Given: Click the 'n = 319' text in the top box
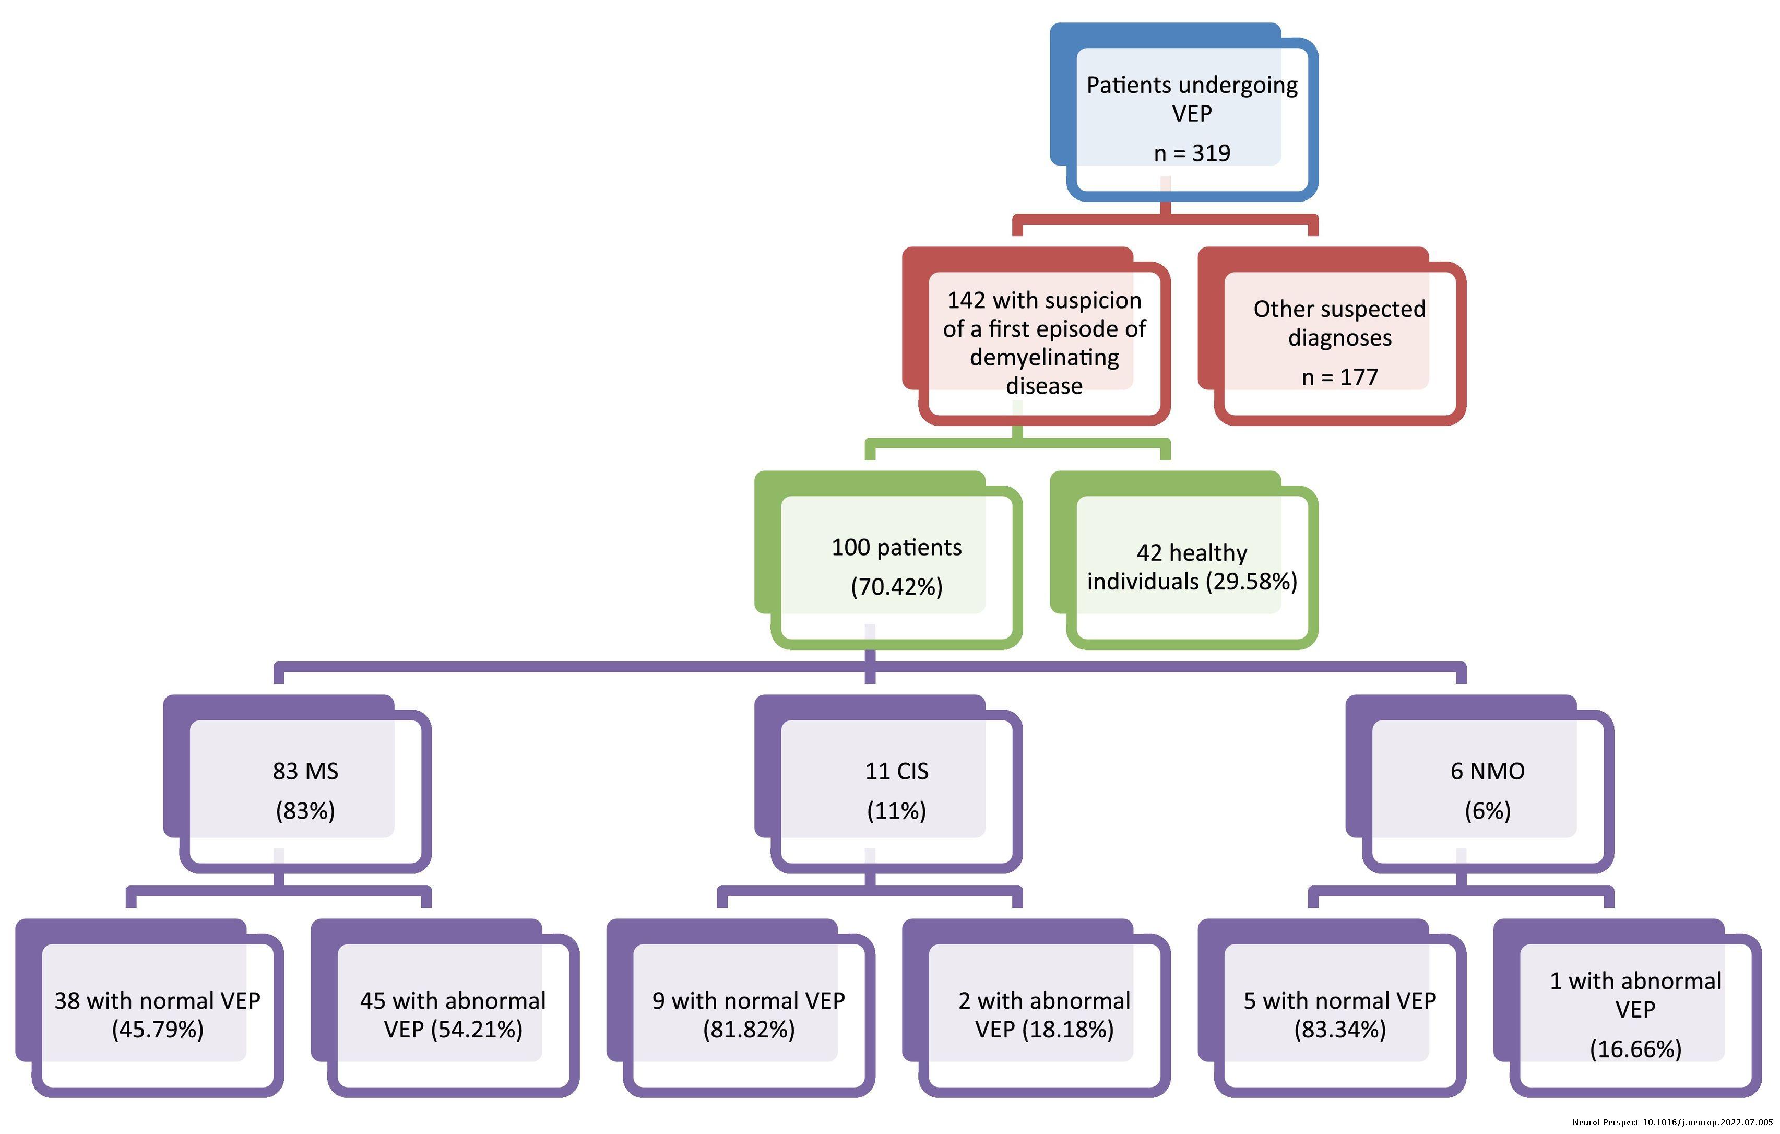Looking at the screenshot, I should [1192, 153].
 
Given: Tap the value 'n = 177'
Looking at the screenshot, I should [1339, 377].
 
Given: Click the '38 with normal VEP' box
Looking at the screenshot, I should [157, 1014].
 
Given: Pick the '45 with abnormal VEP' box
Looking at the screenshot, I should [453, 1014].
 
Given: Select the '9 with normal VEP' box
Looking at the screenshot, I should [748, 1014].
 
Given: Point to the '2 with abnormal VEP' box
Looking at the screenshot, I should [1044, 1014].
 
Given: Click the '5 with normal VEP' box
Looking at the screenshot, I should [1339, 1014].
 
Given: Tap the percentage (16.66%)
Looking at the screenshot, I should [1635, 1049].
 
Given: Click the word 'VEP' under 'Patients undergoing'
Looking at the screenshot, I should [1192, 114].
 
